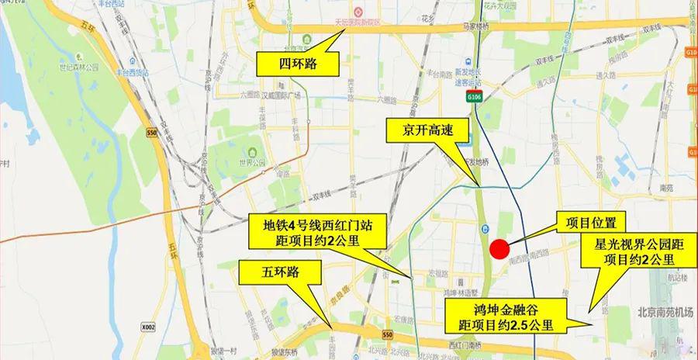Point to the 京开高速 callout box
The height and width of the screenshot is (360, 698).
pyautogui.click(x=427, y=132)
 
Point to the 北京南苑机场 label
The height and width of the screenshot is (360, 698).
pyautogui.click(x=664, y=313)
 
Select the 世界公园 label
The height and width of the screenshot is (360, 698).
pyautogui.click(x=253, y=163)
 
